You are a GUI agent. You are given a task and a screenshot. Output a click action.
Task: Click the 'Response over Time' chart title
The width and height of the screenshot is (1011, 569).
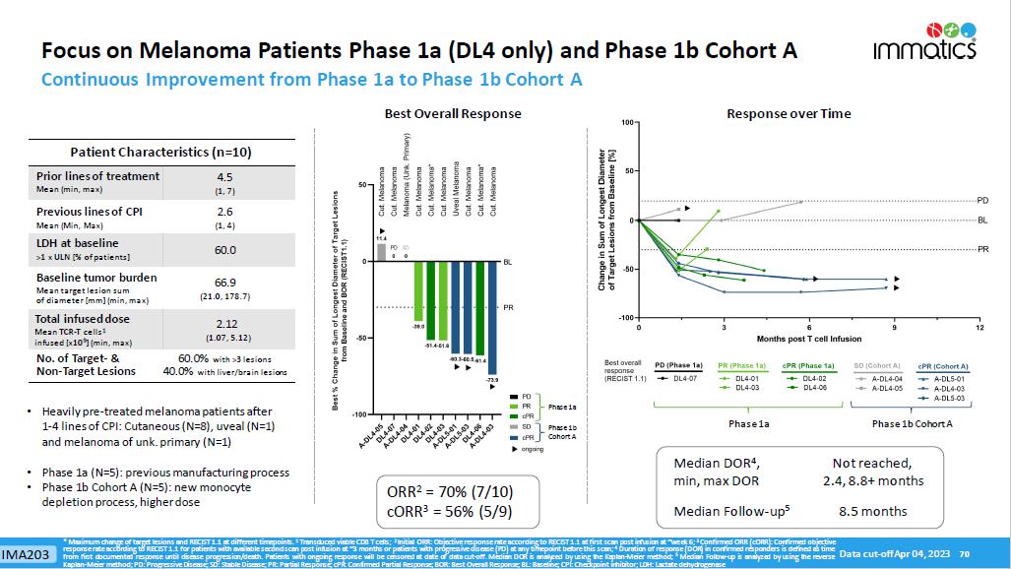[x=789, y=114]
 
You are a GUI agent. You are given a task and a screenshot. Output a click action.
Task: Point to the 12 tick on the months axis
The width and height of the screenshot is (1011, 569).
[x=979, y=326]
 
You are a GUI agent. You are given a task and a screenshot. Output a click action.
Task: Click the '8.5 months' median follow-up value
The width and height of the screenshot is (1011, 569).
[x=870, y=511]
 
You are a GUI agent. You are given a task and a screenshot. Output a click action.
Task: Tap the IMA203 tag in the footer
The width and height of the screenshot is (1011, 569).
[x=27, y=554]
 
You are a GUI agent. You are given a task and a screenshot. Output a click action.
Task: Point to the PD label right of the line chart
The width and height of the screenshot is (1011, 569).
[x=982, y=201]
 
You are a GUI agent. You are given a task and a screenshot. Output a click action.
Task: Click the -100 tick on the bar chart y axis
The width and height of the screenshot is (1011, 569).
[x=360, y=414]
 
